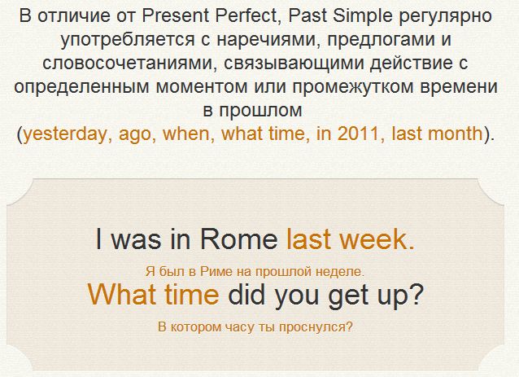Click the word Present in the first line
tap(176, 16)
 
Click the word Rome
tap(239, 239)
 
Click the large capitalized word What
tap(122, 294)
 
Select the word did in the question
tap(247, 294)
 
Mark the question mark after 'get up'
tap(417, 294)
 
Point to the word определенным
tap(82, 87)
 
